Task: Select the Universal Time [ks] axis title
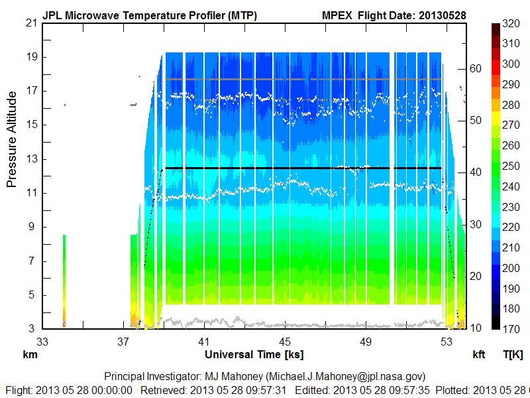254,355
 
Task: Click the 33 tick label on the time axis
42,341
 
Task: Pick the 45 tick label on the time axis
284,341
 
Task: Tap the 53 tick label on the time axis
446,341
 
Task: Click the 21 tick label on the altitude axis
30,23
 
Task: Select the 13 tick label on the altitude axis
30,159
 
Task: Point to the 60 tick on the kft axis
475,68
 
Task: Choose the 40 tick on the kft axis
475,172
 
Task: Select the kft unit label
479,355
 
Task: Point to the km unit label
29,355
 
